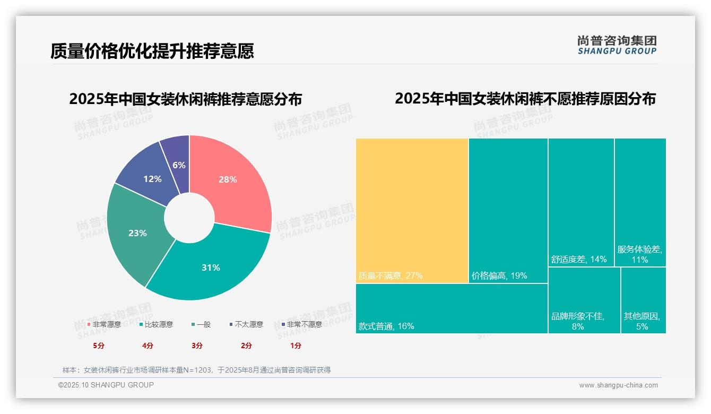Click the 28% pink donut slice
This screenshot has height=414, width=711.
233,180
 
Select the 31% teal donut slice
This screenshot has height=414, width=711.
212,265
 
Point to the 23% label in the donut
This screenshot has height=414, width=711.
137,233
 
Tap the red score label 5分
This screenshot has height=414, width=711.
99,346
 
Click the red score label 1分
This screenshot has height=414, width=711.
296,346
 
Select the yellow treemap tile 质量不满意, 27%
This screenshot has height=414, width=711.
412,210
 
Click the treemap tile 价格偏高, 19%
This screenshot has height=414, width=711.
508,210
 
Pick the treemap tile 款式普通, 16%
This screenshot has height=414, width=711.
451,308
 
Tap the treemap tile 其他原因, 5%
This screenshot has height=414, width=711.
643,300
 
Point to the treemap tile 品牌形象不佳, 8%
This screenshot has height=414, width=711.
584,300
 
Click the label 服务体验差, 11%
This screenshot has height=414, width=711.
639,254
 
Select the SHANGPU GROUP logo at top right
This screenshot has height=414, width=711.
617,45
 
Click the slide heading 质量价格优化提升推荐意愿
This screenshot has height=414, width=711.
152,51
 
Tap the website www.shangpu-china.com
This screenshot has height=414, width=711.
618,385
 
